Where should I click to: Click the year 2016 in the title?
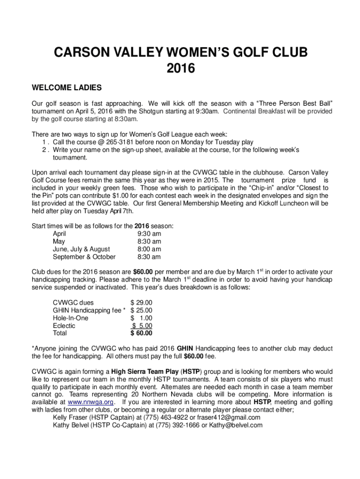(x=180, y=69)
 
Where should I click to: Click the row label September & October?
(x=84, y=257)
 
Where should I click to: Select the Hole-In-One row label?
(x=71, y=318)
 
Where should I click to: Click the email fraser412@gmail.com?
(x=230, y=417)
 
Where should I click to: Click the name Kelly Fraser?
(x=70, y=417)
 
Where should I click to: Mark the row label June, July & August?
(x=81, y=249)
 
